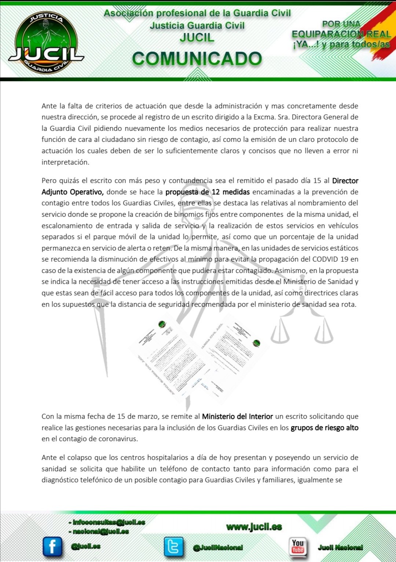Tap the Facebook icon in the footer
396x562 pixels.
(52, 546)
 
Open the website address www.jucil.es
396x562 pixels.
(254, 527)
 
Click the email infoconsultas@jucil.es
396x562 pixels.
(109, 522)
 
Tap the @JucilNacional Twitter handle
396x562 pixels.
(218, 547)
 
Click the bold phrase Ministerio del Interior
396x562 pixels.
(237, 417)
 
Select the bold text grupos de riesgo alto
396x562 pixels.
(324, 428)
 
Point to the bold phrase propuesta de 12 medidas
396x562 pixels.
(208, 192)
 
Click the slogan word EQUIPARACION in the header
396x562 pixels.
(327, 34)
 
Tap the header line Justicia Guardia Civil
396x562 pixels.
(197, 26)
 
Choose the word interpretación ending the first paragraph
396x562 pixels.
(65, 162)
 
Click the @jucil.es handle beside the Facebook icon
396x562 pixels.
(86, 546)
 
